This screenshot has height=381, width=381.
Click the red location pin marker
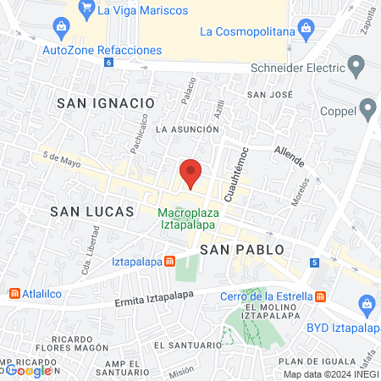tap(190, 174)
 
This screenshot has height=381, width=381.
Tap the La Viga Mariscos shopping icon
tap(86, 10)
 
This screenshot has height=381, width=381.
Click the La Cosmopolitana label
tap(247, 32)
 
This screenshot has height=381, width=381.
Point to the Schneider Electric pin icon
tap(356, 65)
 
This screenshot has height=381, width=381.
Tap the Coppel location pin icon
tap(367, 107)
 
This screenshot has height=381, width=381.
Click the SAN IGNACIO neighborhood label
tap(106, 102)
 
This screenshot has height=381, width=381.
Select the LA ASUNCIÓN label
tap(187, 129)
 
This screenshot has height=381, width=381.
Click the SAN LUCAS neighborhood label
tap(91, 211)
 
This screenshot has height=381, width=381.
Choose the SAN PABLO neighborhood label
tap(241, 249)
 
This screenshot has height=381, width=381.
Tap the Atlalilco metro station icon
tap(14, 294)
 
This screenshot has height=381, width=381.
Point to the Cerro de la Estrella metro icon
tap(320, 295)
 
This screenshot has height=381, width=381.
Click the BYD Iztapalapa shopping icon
tap(367, 303)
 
